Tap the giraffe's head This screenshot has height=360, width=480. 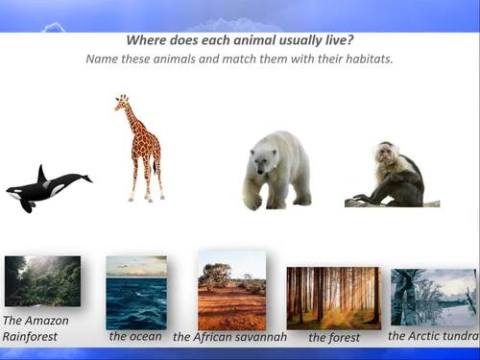click(121, 101)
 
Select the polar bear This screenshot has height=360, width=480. click(276, 170)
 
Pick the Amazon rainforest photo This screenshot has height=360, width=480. click(42, 280)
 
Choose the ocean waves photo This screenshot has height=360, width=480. click(135, 292)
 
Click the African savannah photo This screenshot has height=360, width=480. click(231, 290)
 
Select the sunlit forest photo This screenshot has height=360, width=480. click(333, 298)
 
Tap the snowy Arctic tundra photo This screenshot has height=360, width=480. click(433, 297)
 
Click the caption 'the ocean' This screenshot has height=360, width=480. click(135, 337)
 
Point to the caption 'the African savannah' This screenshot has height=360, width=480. click(229, 338)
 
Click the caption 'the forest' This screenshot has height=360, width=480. click(334, 338)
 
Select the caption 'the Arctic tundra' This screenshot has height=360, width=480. click(433, 336)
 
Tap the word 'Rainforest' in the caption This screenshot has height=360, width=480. click(30, 337)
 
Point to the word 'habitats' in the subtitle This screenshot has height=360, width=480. click(367, 60)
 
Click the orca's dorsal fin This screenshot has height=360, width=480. click(41, 173)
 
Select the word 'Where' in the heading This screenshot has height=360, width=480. click(145, 41)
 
